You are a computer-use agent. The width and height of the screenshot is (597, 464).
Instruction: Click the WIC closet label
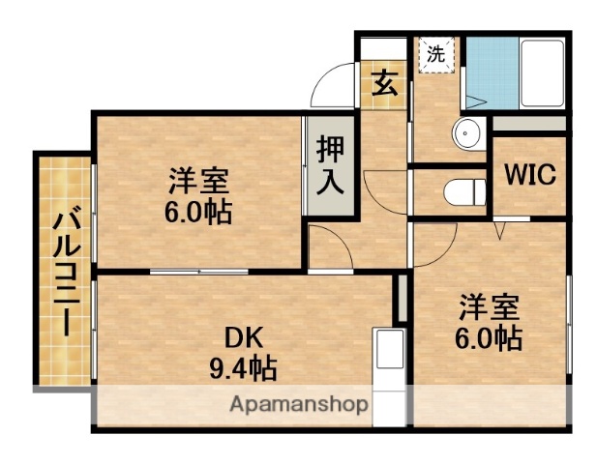coord(528,177)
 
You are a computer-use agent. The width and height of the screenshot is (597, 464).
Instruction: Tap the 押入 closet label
coord(331,164)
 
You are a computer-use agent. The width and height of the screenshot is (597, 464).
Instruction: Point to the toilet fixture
coord(465,191)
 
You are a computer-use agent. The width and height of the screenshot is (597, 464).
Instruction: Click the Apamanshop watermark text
coord(297,404)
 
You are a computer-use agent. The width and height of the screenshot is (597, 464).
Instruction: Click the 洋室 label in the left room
coord(198,181)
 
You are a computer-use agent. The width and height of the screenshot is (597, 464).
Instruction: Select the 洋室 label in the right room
coord(490,308)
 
